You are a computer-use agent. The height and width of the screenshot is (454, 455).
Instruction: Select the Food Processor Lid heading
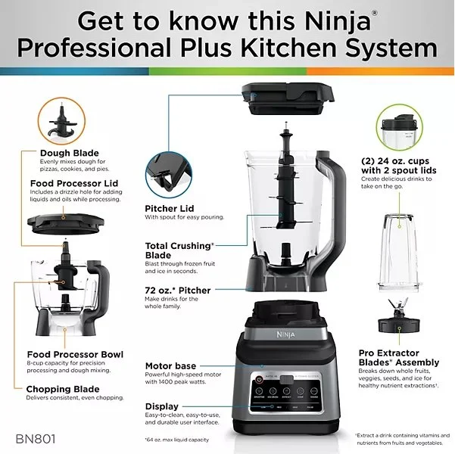coord(73,183)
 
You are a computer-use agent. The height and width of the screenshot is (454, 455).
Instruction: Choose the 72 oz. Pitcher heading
coord(178,291)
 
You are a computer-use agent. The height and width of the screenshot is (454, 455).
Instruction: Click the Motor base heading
coord(176,366)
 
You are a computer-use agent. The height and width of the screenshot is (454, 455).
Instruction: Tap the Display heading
coord(162,406)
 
